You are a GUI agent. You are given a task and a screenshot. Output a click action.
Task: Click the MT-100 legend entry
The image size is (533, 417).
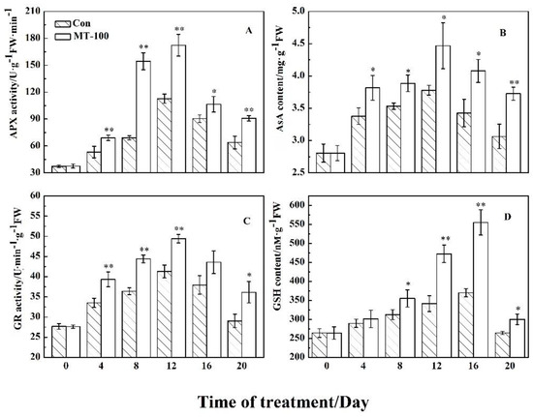[x=82, y=36]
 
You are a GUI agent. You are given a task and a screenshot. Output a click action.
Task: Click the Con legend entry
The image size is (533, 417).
[x=73, y=23]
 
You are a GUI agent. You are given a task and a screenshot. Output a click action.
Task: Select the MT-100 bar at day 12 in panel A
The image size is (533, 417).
[x=178, y=108]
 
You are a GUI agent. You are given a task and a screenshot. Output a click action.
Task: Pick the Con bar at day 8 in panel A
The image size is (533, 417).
[x=129, y=155]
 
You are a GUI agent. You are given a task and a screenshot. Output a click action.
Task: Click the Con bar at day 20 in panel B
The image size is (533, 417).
[x=499, y=155]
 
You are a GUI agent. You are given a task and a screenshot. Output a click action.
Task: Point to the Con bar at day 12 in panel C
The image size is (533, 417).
[x=164, y=314]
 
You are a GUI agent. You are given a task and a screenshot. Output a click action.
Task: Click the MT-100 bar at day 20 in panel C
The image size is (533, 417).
[x=249, y=325]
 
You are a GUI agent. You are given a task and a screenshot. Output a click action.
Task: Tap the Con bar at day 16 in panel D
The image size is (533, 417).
[x=466, y=325]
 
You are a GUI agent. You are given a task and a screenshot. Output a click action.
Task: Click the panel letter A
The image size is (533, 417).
[x=249, y=31]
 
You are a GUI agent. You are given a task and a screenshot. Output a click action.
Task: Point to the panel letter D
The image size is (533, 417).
[x=508, y=217]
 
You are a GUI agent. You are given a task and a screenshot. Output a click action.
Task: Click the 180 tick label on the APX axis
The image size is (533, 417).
[x=33, y=38]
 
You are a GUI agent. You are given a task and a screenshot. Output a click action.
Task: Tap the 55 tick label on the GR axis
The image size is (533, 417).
[x=35, y=216]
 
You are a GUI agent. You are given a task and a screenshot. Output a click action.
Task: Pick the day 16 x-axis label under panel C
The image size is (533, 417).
[x=206, y=367]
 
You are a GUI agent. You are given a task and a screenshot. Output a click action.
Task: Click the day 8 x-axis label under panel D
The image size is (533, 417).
[x=399, y=367]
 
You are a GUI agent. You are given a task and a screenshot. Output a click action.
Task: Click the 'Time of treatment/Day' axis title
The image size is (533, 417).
[x=283, y=402]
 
